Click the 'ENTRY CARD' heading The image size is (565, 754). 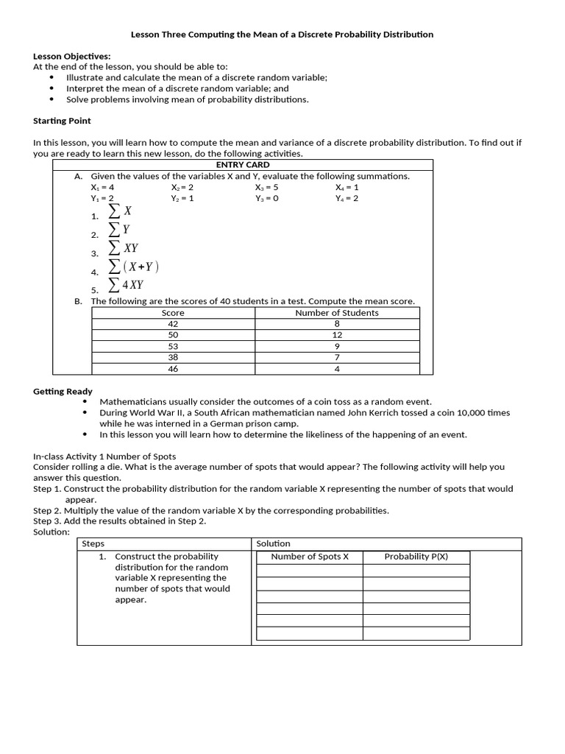pyautogui.click(x=242, y=165)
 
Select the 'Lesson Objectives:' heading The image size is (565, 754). pyautogui.click(x=72, y=56)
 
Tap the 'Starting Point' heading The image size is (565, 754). pyautogui.click(x=62, y=121)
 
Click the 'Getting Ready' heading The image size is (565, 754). pyautogui.click(x=63, y=391)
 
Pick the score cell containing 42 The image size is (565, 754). pyautogui.click(x=173, y=324)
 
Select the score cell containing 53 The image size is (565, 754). pyautogui.click(x=173, y=346)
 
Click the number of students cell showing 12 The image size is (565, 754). pyautogui.click(x=337, y=335)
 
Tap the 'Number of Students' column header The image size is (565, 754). pyautogui.click(x=337, y=313)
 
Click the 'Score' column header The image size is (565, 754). pyautogui.click(x=173, y=313)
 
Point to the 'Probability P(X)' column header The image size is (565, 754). pyautogui.click(x=416, y=557)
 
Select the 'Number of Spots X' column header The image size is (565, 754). pyautogui.click(x=310, y=557)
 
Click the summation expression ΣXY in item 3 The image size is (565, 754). pyautogui.click(x=123, y=249)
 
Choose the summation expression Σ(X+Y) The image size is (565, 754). pyautogui.click(x=133, y=267)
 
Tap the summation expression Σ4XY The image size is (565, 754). pyautogui.click(x=126, y=285)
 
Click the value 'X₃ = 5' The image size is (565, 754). pyautogui.click(x=266, y=187)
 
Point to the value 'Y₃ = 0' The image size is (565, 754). pyautogui.click(x=266, y=198)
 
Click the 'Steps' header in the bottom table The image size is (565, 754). pyautogui.click(x=93, y=543)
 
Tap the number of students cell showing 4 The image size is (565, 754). pyautogui.click(x=337, y=369)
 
